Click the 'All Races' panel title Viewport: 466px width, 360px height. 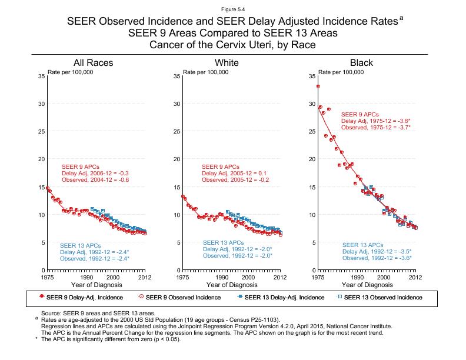[93, 63]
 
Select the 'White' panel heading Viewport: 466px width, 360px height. [227, 63]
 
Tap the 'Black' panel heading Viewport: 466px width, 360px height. [361, 63]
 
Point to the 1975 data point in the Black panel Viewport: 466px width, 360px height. [318, 86]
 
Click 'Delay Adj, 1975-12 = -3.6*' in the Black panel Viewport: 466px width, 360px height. [375, 121]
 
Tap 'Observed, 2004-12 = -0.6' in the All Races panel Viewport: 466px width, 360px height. [95, 180]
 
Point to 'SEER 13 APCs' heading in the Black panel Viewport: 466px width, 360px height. [362, 245]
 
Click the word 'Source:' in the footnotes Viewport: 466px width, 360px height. [51, 314]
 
